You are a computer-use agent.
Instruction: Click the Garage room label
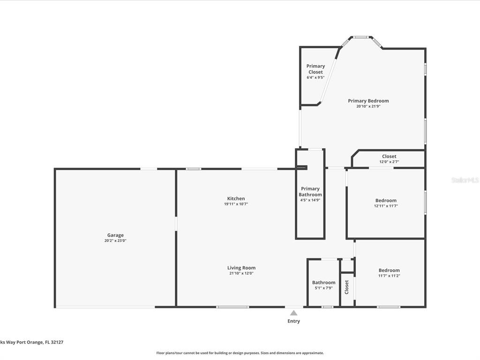pyautogui.click(x=115, y=235)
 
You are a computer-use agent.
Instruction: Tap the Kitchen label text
pyautogui.click(x=236, y=198)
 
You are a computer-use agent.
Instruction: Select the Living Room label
pyautogui.click(x=241, y=268)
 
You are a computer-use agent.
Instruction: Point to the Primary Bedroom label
pyautogui.click(x=368, y=101)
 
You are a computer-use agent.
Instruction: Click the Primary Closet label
pyautogui.click(x=315, y=69)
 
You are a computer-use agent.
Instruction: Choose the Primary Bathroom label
pyautogui.click(x=310, y=192)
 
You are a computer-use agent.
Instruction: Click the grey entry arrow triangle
pyautogui.click(x=293, y=313)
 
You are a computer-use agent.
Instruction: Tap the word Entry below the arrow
pyautogui.click(x=293, y=321)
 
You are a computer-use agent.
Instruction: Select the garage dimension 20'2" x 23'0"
pyautogui.click(x=115, y=240)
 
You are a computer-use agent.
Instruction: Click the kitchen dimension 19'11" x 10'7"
pyautogui.click(x=236, y=204)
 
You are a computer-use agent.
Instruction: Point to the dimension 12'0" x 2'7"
pyautogui.click(x=389, y=162)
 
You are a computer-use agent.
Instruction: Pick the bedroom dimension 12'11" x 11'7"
pyautogui.click(x=386, y=206)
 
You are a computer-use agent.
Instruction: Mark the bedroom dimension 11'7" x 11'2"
pyautogui.click(x=389, y=276)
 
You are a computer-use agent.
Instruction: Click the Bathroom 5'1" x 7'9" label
pyautogui.click(x=323, y=285)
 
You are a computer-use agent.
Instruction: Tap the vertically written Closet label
pyautogui.click(x=347, y=287)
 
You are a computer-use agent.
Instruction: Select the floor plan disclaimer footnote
pyautogui.click(x=240, y=353)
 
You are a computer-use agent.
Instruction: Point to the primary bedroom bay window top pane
pyautogui.click(x=360, y=37)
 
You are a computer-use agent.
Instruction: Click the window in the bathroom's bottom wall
pyautogui.click(x=327, y=307)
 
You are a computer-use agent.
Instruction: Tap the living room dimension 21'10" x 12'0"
pyautogui.click(x=241, y=273)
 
